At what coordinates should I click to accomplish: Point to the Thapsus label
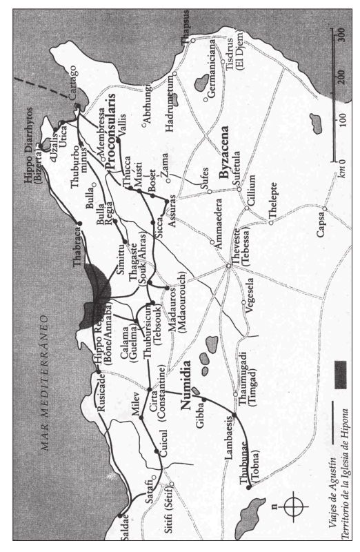pos(184,37)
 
